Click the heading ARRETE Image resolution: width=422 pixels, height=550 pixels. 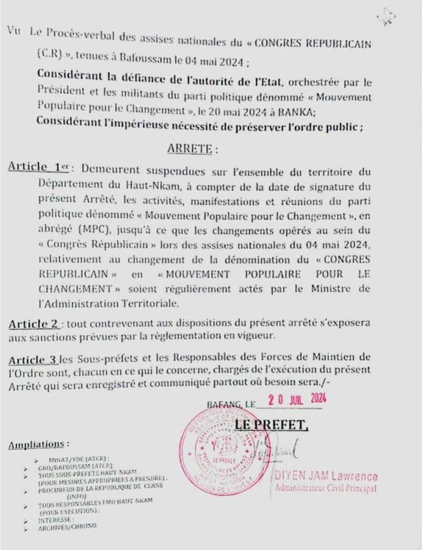pos(192,148)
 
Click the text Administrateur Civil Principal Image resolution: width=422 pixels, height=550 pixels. pos(326,487)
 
